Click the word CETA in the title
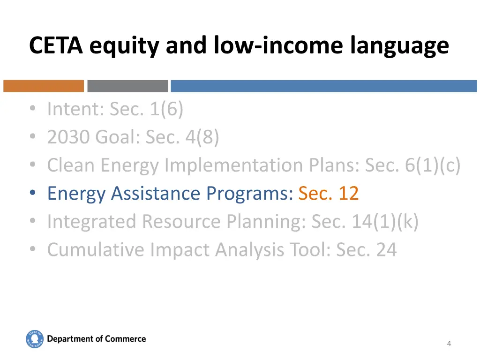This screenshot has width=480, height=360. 57,46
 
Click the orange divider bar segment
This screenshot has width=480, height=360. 44,86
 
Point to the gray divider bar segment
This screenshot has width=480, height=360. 127,86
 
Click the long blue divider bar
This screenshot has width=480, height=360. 323,86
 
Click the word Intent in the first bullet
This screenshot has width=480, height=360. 75,109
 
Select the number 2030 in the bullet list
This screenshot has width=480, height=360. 69,137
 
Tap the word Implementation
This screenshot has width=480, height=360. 234,165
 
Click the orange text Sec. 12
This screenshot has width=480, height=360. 329,193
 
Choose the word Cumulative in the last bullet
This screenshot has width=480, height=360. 96,249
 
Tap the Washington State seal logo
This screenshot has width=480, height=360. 35,339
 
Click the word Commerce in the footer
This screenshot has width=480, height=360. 125,339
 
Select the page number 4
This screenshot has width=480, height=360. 449,344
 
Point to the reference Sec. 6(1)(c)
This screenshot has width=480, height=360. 412,165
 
